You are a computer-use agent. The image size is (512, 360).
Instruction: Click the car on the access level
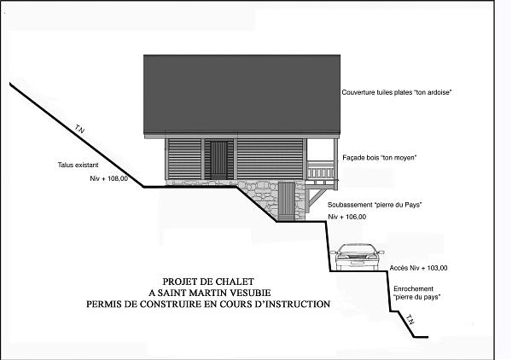pyautogui.click(x=358, y=257)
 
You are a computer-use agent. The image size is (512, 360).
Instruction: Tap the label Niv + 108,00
pyautogui.click(x=109, y=178)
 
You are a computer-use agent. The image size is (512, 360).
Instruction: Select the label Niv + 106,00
pyautogui.click(x=347, y=217)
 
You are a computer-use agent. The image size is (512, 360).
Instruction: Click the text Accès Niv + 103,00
pyautogui.click(x=418, y=268)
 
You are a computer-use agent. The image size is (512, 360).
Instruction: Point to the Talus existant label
pyautogui.click(x=78, y=165)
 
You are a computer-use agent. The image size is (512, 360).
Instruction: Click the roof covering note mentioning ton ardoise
pyautogui.click(x=397, y=92)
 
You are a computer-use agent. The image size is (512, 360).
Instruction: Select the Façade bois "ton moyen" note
pyautogui.click(x=380, y=158)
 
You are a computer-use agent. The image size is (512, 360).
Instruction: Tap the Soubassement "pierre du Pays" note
pyautogui.click(x=375, y=205)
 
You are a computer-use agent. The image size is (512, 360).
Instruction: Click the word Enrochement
pyautogui.click(x=413, y=289)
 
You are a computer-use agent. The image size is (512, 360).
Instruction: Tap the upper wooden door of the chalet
pyautogui.click(x=218, y=160)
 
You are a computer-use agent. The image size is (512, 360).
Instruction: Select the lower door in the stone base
pyautogui.click(x=287, y=201)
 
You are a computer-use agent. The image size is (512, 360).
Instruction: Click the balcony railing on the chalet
pyautogui.click(x=321, y=170)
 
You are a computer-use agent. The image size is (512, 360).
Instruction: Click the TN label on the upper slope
pyautogui.click(x=79, y=129)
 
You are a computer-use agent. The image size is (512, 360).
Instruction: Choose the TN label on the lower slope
pyautogui.click(x=410, y=320)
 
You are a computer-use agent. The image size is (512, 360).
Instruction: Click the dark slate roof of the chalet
pyautogui.click(x=242, y=95)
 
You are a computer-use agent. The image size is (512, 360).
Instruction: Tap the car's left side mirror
pyautogui.click(x=334, y=252)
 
